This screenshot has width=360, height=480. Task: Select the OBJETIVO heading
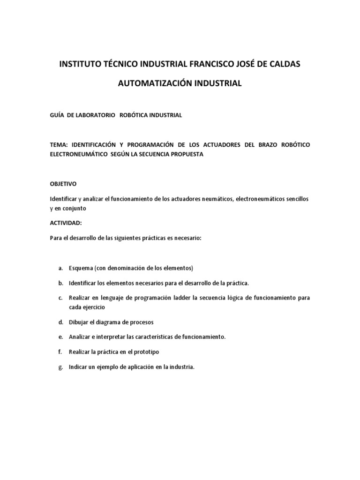coord(63,184)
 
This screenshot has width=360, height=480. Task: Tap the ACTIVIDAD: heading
coord(66,223)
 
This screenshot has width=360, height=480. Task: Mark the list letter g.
coord(61,367)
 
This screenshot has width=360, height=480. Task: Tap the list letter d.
coord(61,322)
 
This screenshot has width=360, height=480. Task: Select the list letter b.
coord(61,283)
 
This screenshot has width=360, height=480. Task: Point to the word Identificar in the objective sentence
coord(64,199)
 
